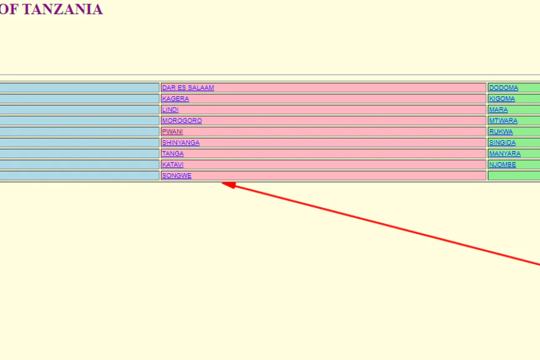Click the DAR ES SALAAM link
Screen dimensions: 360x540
[187, 88]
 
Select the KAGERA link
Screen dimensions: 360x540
[175, 99]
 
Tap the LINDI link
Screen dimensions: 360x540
[170, 110]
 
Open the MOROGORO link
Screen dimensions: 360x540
[181, 121]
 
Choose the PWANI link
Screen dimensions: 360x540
[172, 132]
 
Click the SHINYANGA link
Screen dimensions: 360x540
[181, 143]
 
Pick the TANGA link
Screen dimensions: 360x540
[173, 154]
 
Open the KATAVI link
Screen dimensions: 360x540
[173, 164]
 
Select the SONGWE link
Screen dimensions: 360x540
[176, 176]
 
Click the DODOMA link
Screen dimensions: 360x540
[503, 88]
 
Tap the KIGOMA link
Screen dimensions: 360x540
[502, 99]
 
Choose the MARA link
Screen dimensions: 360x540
[498, 110]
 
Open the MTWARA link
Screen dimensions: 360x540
[503, 121]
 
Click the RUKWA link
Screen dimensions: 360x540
[500, 132]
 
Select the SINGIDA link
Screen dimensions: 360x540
[502, 143]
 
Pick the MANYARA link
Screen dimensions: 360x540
[505, 154]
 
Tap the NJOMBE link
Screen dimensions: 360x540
[502, 164]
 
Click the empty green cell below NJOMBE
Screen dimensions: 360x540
[514, 176]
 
